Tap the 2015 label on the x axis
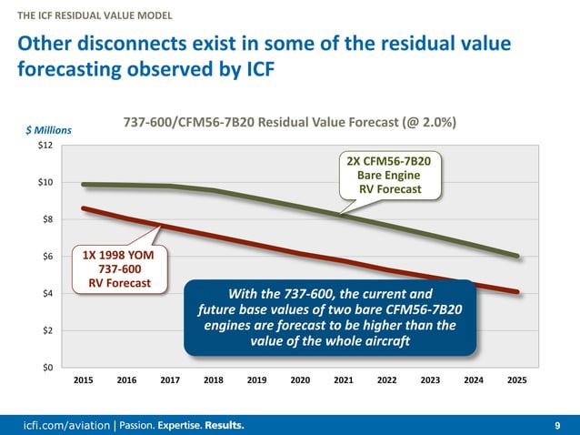coord(83,380)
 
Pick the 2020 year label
coord(301,380)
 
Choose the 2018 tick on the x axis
coord(214,380)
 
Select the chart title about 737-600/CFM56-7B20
coord(290,122)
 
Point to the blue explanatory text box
coord(331,318)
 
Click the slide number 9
coord(556,425)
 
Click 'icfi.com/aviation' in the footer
coord(64,425)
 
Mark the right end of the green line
coord(518,256)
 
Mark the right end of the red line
coord(518,292)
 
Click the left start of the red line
coord(83,208)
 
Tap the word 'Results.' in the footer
coord(223,425)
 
